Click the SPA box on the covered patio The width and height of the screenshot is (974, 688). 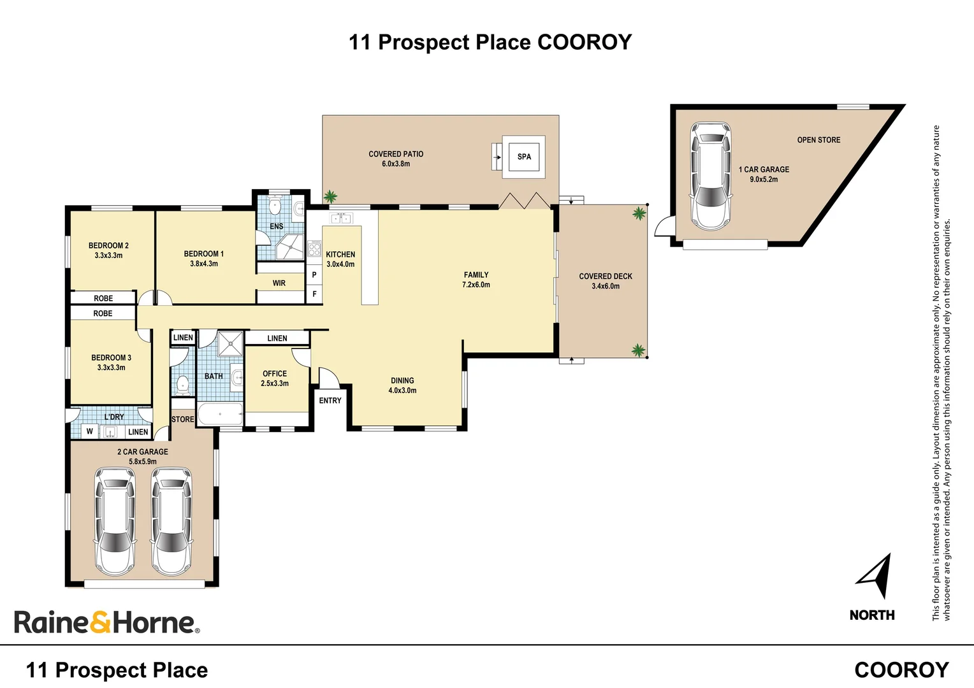tap(523, 157)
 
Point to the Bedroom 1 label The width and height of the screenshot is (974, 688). tap(203, 254)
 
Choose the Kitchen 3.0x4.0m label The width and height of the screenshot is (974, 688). tap(340, 259)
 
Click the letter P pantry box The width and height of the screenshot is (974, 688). tap(314, 275)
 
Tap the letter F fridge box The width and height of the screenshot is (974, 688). tap(314, 294)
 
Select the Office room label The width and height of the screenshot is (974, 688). tap(275, 374)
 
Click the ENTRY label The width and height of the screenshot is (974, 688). tap(330, 401)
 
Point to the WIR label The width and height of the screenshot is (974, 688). tap(279, 283)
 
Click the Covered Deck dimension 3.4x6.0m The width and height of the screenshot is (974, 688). tap(606, 286)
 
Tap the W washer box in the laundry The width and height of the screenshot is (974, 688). tap(90, 431)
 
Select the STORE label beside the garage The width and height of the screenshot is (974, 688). tap(182, 419)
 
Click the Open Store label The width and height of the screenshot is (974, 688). tap(818, 140)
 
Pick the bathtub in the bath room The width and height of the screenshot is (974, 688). tap(220, 414)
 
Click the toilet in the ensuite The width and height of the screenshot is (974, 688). tap(275, 206)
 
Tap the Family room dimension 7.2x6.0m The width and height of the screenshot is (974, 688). tap(476, 285)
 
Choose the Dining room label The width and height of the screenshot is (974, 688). tap(402, 380)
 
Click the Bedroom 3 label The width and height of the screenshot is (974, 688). tap(111, 357)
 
